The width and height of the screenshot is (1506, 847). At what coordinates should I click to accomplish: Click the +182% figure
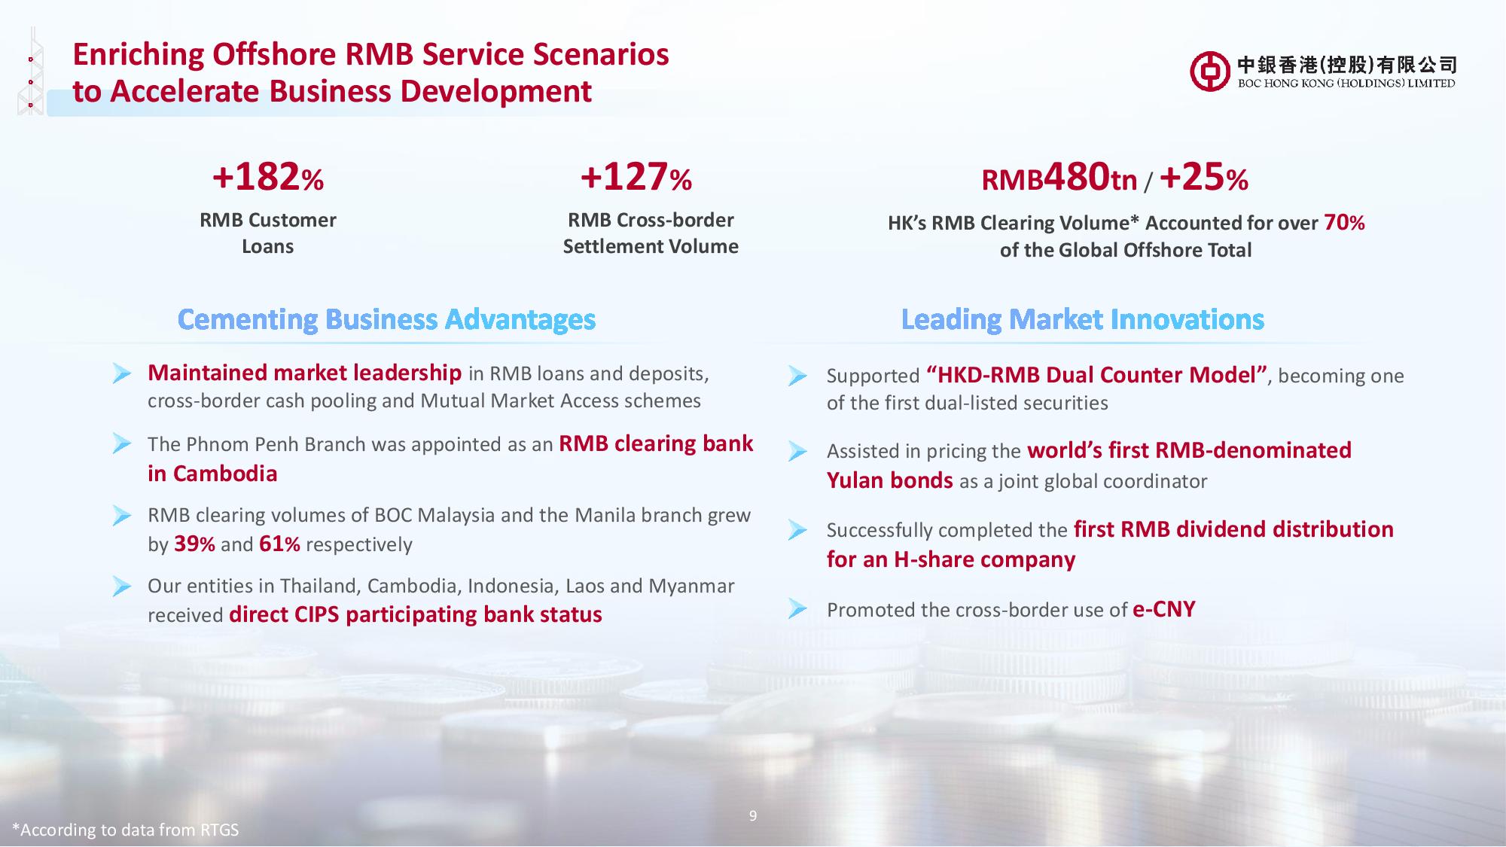268,177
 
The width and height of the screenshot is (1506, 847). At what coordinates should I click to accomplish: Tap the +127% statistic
636,177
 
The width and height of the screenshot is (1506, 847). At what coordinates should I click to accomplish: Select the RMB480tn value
1059,178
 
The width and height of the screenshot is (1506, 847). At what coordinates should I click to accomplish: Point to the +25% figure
1204,178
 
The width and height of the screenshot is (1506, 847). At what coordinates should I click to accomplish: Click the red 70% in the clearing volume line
1344,223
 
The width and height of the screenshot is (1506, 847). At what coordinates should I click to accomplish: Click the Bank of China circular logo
1210,72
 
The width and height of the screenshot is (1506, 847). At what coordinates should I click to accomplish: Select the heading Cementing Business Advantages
386,320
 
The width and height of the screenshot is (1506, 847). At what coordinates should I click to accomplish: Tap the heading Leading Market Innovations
1082,320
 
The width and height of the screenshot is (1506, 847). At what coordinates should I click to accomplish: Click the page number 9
753,815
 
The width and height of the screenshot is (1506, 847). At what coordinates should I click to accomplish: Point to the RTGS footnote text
125,830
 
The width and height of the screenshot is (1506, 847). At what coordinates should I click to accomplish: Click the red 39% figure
194,544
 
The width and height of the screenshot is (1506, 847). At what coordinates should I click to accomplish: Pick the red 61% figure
279,544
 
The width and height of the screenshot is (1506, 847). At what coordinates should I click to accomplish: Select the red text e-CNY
1163,609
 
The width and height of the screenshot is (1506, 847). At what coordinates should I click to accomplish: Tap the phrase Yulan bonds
890,480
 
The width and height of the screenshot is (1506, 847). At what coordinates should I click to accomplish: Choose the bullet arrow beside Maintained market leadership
122,373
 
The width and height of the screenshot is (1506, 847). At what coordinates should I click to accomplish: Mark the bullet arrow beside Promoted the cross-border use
798,609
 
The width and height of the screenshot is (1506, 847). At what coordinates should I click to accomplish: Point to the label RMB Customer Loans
268,233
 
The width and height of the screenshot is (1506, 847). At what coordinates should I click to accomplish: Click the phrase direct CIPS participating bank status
416,615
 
